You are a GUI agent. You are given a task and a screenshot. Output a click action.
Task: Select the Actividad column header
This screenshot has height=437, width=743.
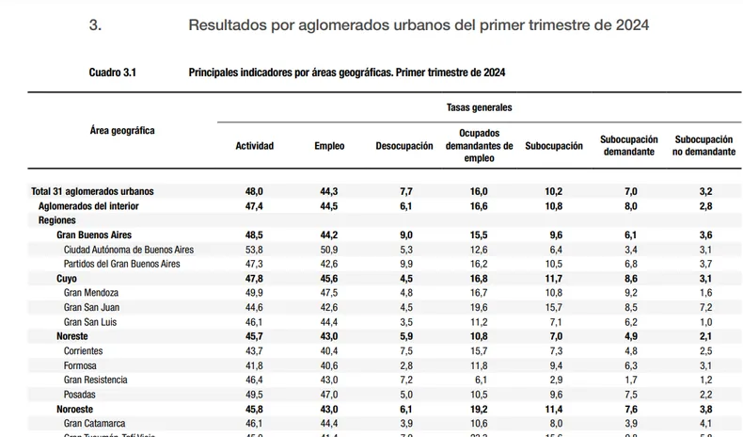(x=254, y=146)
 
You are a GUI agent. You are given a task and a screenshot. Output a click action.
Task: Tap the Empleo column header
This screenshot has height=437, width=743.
(x=329, y=146)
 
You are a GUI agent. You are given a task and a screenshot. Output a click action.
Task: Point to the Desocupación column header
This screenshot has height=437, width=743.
(x=404, y=146)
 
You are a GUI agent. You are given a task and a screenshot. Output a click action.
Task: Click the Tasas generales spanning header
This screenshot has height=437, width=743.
(x=479, y=108)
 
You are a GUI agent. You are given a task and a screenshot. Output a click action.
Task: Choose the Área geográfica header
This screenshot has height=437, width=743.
(x=122, y=130)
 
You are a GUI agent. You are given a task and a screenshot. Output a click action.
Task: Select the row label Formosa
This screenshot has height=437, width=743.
(x=82, y=365)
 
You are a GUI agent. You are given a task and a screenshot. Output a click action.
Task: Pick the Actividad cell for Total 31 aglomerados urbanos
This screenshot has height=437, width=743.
(x=254, y=191)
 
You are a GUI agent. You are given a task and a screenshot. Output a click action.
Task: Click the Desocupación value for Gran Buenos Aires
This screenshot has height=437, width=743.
(x=405, y=235)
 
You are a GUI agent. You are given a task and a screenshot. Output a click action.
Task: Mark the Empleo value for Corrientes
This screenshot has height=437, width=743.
(x=330, y=350)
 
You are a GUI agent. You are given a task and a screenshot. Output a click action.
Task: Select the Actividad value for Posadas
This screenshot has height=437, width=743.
(x=254, y=394)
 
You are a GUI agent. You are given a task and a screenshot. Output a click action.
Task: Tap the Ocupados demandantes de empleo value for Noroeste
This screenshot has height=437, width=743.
(x=479, y=409)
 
